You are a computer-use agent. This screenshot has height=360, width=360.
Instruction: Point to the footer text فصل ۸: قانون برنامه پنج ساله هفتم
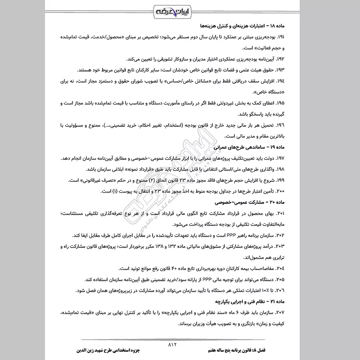[263, 349]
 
